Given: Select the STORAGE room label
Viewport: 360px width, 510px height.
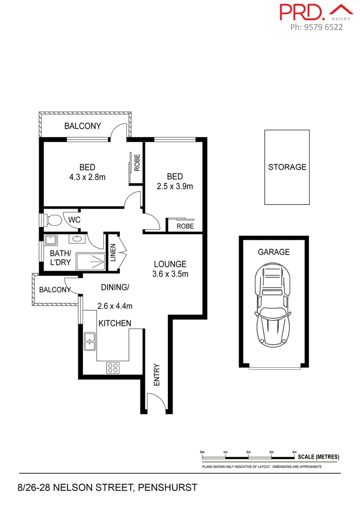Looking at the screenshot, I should pyautogui.click(x=287, y=167).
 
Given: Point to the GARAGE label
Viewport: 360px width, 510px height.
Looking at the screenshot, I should pyautogui.click(x=273, y=252).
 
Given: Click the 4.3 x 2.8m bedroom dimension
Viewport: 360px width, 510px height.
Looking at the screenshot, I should pyautogui.click(x=87, y=177).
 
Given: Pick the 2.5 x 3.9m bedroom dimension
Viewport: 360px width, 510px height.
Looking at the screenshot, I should pyautogui.click(x=175, y=186).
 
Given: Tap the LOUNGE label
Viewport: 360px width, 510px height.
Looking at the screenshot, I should pyautogui.click(x=170, y=264).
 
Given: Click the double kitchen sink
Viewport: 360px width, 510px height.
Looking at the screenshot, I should pyautogui.click(x=89, y=341).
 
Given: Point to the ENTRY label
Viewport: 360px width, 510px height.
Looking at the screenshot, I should pyautogui.click(x=157, y=374).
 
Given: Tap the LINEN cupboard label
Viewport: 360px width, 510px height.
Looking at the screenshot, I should pyautogui.click(x=113, y=252).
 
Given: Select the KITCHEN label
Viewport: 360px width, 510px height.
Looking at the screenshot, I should pyautogui.click(x=115, y=323).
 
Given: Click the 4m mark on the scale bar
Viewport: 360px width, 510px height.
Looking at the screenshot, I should pyautogui.click(x=294, y=452).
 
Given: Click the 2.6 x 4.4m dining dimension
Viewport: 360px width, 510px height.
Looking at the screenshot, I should pyautogui.click(x=115, y=306).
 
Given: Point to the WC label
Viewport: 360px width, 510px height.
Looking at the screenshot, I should pyautogui.click(x=75, y=220).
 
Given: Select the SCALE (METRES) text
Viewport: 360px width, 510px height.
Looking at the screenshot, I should pyautogui.click(x=318, y=457).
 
